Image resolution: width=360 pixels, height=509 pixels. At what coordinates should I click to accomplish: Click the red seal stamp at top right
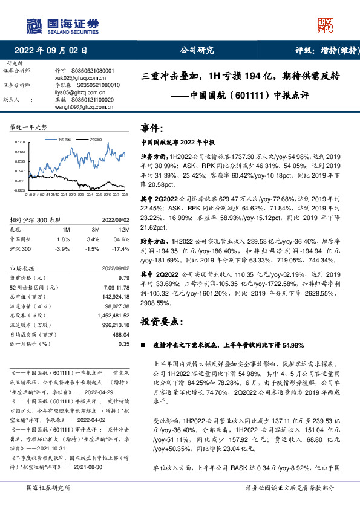click(x=326, y=24)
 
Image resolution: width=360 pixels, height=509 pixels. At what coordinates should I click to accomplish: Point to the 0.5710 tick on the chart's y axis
click(x=21, y=141)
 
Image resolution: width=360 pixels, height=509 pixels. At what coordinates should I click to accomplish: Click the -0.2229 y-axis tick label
click(x=20, y=190)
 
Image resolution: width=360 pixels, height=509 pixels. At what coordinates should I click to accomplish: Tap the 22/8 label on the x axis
click(x=124, y=195)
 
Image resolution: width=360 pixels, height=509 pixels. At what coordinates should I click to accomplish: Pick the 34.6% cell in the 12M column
click(x=122, y=239)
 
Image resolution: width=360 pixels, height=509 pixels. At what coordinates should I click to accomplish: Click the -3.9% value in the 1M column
click(x=62, y=248)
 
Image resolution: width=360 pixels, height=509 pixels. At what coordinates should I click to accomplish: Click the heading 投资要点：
click(x=160, y=321)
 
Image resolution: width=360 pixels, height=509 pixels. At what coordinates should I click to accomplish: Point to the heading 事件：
click(x=152, y=128)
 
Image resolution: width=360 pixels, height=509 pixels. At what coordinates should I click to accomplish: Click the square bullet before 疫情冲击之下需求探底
click(x=143, y=346)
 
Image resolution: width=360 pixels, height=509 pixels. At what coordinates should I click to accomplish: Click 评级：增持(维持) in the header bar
click(x=324, y=51)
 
